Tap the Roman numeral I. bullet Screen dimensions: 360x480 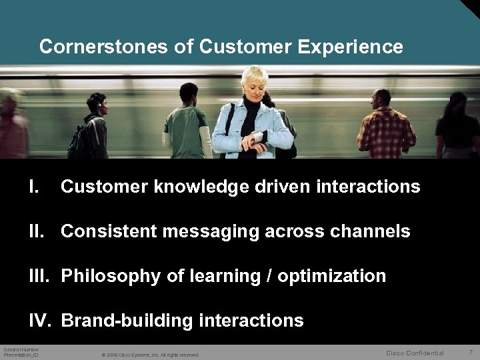point(35,187)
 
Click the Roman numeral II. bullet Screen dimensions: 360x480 point(39,231)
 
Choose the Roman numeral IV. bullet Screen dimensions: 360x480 point(41,321)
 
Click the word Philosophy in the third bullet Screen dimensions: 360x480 point(109,276)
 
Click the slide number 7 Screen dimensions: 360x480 point(470,352)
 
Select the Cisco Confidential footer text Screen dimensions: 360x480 point(415,353)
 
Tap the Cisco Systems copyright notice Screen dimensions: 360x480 point(150,355)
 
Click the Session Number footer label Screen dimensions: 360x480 point(21,349)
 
